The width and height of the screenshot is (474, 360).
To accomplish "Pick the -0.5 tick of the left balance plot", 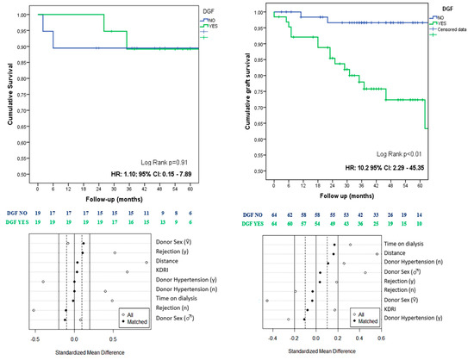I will (34, 340).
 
